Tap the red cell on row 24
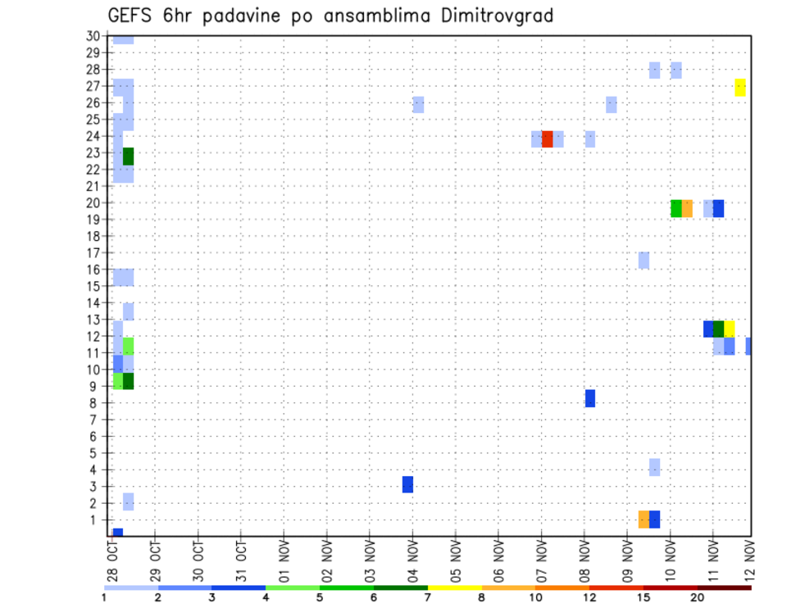547,138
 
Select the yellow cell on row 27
740,87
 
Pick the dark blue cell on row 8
589,398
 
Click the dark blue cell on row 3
407,484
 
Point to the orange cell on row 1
644,519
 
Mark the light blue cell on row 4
654,467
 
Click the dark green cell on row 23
128,156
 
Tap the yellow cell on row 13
729,329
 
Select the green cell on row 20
676,208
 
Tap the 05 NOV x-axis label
456,563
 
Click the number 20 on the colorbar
697,597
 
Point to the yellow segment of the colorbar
454,588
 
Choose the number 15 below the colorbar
643,597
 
